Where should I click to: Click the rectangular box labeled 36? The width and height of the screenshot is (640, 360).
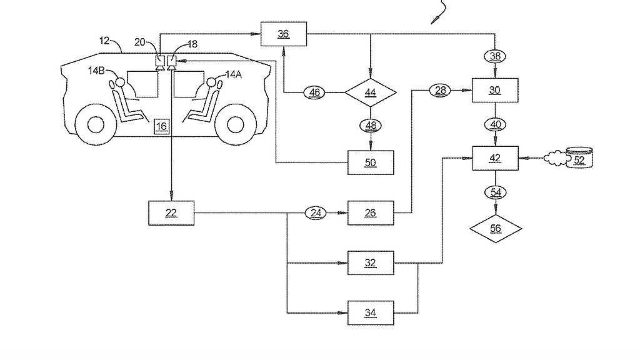tap(284, 34)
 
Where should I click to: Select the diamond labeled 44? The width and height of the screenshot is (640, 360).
tap(371, 92)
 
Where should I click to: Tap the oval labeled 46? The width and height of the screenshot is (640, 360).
tap(314, 92)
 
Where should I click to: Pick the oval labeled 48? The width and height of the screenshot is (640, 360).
tap(371, 126)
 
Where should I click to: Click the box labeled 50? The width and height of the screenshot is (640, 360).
tap(371, 162)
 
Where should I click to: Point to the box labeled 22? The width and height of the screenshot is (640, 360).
tap(171, 213)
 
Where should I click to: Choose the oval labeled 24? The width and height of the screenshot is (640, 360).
tap(316, 213)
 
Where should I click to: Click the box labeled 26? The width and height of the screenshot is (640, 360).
tap(371, 213)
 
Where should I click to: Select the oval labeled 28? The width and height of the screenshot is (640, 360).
tap(439, 91)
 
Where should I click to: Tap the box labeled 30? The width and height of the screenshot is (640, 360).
tap(495, 91)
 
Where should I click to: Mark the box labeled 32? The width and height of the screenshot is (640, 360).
tap(371, 263)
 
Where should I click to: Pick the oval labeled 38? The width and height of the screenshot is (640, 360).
tap(495, 56)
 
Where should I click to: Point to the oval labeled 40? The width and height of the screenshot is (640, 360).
tap(495, 124)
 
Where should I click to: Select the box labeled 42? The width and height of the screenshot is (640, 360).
tap(495, 158)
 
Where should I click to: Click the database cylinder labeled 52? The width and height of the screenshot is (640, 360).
tap(578, 157)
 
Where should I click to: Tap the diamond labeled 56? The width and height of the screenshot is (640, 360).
tap(495, 229)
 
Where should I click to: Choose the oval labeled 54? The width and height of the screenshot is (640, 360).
tap(495, 192)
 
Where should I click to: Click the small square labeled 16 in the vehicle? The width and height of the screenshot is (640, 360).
tap(161, 126)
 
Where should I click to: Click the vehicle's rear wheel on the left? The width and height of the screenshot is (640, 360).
tap(96, 124)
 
